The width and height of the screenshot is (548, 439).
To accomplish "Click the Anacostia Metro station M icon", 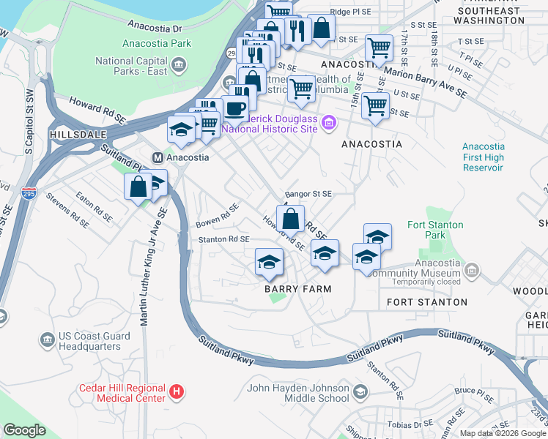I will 157,157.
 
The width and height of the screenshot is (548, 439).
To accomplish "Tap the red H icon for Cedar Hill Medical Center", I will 176,392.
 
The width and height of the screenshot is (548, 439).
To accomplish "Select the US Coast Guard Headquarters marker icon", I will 48,339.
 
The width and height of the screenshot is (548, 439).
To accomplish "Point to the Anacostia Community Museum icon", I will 473,272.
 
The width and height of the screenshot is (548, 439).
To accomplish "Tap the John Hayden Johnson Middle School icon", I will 360,393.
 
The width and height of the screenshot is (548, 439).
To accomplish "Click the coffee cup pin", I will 234,108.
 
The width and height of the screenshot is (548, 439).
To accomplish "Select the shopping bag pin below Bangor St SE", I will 292,217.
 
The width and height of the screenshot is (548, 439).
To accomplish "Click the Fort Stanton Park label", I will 425,230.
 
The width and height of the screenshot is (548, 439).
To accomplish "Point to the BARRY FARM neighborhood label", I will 298,289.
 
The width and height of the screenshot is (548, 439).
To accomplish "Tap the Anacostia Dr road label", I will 155,29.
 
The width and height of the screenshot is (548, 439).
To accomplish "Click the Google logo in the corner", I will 25,430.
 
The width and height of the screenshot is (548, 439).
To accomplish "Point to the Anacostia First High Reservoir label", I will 483,157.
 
